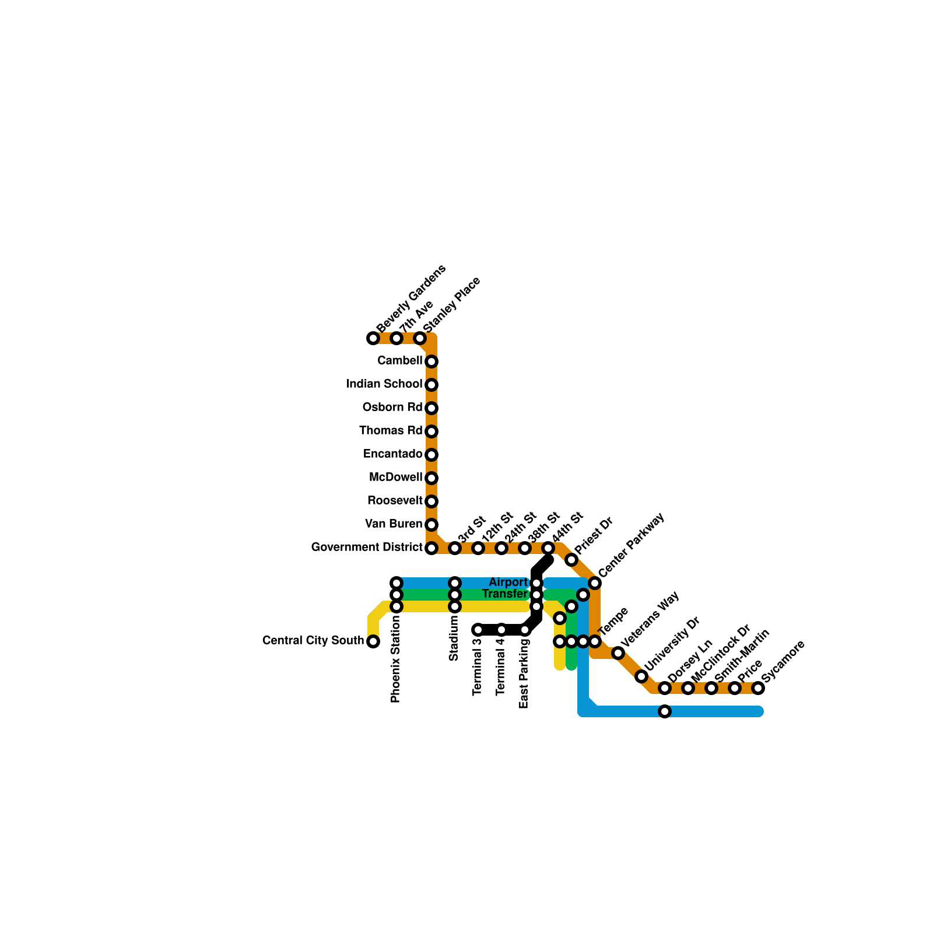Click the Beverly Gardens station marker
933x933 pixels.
click(x=373, y=338)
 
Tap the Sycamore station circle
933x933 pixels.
click(x=758, y=688)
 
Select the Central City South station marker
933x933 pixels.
click(x=373, y=641)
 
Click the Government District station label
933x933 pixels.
click(x=366, y=548)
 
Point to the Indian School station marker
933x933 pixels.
click(x=432, y=385)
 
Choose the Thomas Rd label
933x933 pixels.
click(x=390, y=431)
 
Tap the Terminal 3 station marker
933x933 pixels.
click(x=478, y=630)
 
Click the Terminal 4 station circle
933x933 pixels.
click(x=501, y=630)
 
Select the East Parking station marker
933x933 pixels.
click(x=525, y=630)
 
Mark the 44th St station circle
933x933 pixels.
click(x=548, y=548)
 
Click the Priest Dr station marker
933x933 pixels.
click(x=571, y=560)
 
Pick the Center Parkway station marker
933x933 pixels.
click(x=595, y=583)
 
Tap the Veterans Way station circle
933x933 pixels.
click(x=618, y=653)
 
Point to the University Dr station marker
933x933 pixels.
click(x=641, y=676)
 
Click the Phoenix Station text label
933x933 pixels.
click(x=396, y=659)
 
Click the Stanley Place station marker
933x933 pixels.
click(x=420, y=338)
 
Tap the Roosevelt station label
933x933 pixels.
click(x=394, y=501)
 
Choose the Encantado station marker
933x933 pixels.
click(x=432, y=455)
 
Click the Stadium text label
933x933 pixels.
click(x=454, y=639)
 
